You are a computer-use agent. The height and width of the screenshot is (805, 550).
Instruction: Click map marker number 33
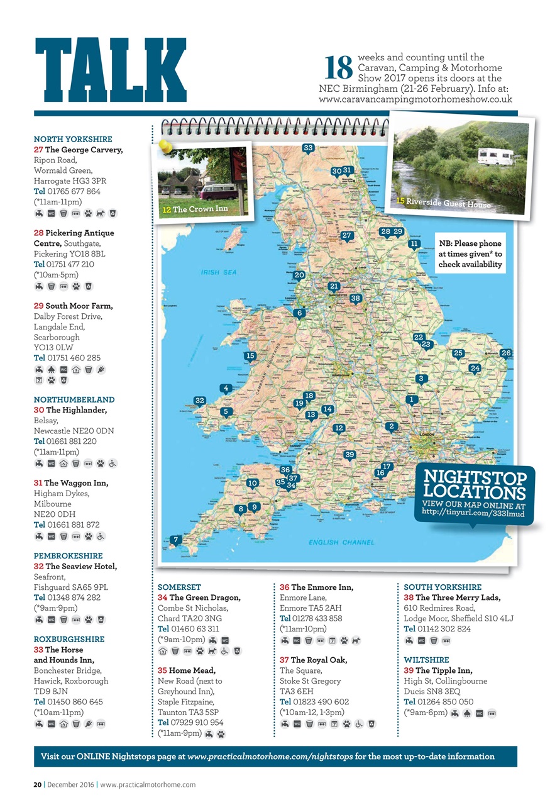308,148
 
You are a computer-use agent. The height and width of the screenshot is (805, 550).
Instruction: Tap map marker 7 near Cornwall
177,540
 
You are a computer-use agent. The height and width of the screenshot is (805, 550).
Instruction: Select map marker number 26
506,353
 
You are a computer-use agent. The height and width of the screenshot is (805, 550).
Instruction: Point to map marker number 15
250,356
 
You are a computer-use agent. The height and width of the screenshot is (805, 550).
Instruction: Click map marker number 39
351,455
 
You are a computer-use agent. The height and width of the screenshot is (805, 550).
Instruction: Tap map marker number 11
414,243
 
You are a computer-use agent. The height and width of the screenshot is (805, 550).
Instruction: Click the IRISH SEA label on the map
219,273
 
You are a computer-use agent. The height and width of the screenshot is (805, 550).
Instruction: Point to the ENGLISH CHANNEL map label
341,542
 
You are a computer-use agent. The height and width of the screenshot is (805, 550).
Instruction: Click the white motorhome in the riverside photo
495,155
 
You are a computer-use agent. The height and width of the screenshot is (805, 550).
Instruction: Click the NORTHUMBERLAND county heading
74,400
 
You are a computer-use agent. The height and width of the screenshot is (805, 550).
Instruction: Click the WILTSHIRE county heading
426,660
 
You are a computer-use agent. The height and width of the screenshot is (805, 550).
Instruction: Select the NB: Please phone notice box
470,254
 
